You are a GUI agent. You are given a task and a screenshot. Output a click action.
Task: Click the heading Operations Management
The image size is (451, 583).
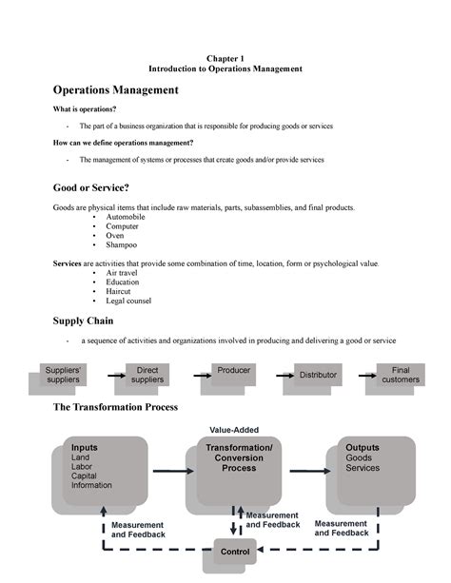[x=115, y=90]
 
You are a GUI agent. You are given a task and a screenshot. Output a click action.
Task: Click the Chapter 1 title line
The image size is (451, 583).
[x=225, y=57]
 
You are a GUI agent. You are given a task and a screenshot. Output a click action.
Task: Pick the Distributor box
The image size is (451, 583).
[x=317, y=376]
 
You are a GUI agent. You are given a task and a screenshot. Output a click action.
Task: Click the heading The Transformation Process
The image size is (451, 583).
[x=117, y=408]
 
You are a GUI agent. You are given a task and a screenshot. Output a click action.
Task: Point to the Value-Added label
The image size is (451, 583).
[x=234, y=429]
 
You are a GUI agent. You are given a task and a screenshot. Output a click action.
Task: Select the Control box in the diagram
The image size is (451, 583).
[x=234, y=551]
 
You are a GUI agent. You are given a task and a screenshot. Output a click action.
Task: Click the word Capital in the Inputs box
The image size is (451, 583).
[x=87, y=476]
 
